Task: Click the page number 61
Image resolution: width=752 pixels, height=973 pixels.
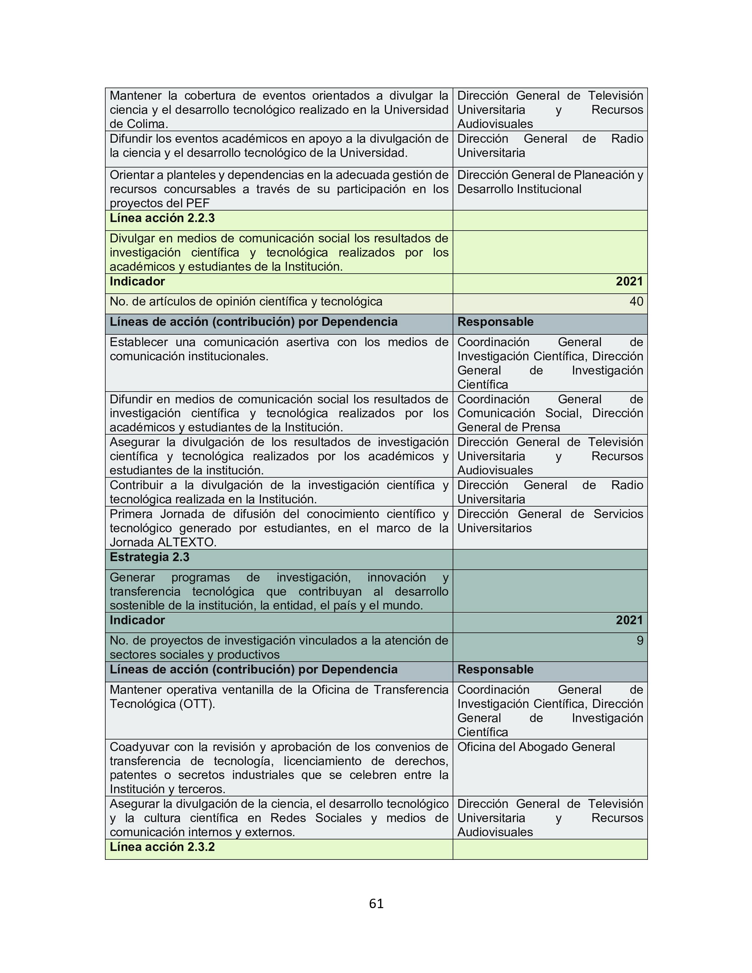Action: [376, 903]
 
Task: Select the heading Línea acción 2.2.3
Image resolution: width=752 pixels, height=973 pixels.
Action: [162, 218]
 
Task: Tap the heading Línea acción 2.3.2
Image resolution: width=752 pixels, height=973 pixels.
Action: [162, 847]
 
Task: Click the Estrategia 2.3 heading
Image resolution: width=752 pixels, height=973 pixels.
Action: [149, 557]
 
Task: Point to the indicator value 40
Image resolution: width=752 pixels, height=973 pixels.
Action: [636, 302]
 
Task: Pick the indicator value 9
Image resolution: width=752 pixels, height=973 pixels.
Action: [640, 641]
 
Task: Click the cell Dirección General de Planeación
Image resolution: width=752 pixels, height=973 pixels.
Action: [550, 182]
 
